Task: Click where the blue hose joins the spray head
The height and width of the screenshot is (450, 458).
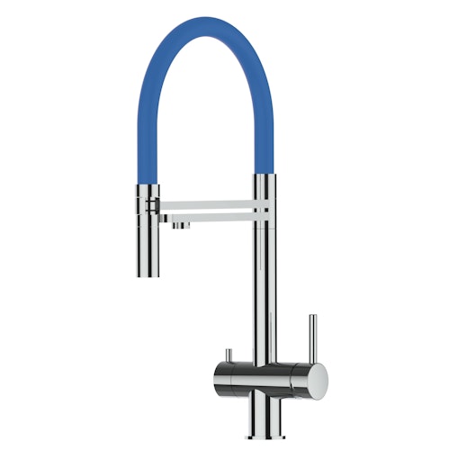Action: point(147,181)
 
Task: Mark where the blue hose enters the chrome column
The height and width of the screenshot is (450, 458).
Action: point(263,175)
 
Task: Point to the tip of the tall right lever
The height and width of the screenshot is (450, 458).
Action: point(310,316)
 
